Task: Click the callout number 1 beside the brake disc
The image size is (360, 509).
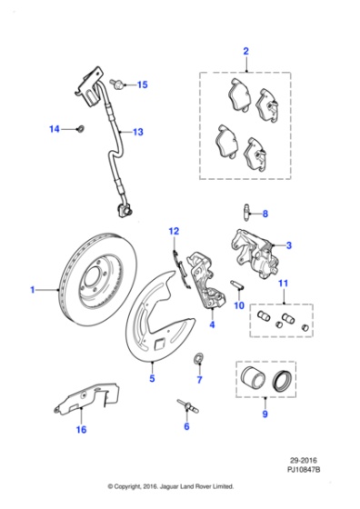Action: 32,289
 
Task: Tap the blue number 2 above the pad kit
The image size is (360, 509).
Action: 245,51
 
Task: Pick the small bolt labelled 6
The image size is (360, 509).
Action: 188,406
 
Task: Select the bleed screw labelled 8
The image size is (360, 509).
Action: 247,212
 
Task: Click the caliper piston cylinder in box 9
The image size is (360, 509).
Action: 254,378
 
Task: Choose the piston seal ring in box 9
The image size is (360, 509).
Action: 283,380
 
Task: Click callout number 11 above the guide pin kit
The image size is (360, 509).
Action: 283,283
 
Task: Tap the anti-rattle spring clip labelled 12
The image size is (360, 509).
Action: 181,269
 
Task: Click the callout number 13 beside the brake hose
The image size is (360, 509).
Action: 138,132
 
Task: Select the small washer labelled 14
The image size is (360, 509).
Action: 80,128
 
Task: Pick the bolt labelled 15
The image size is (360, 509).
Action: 117,84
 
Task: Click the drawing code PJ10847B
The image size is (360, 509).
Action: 304,469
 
